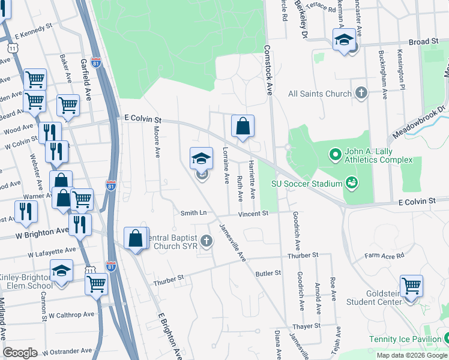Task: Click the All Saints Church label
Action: click(319, 94)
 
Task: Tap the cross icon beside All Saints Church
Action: click(361, 93)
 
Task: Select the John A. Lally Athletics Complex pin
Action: click(336, 155)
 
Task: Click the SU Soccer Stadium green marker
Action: click(351, 182)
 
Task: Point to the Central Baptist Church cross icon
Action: click(206, 241)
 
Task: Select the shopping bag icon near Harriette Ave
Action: click(243, 127)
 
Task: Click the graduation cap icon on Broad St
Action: click(344, 40)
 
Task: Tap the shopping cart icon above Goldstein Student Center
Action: click(411, 286)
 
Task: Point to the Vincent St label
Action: click(253, 214)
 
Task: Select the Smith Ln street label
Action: click(194, 213)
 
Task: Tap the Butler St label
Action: click(268, 273)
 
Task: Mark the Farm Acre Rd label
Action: click(384, 256)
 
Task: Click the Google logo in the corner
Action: click(20, 352)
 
